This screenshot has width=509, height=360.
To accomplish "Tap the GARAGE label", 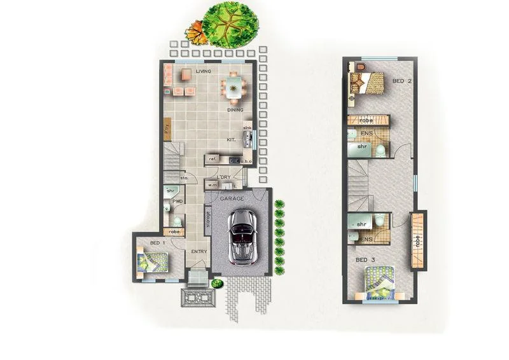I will (232, 199).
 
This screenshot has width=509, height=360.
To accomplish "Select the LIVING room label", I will (204, 71).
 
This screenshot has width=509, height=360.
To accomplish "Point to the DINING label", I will (235, 110).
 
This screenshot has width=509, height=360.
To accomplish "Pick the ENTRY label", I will (199, 252).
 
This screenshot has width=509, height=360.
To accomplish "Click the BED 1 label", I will (157, 244).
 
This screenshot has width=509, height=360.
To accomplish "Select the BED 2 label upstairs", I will (399, 81).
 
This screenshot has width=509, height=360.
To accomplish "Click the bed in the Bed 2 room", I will (367, 83).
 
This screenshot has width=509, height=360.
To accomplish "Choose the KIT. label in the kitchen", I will (232, 139).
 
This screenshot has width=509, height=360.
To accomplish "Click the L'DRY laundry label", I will (223, 177).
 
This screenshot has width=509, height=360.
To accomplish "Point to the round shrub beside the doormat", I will (218, 283).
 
